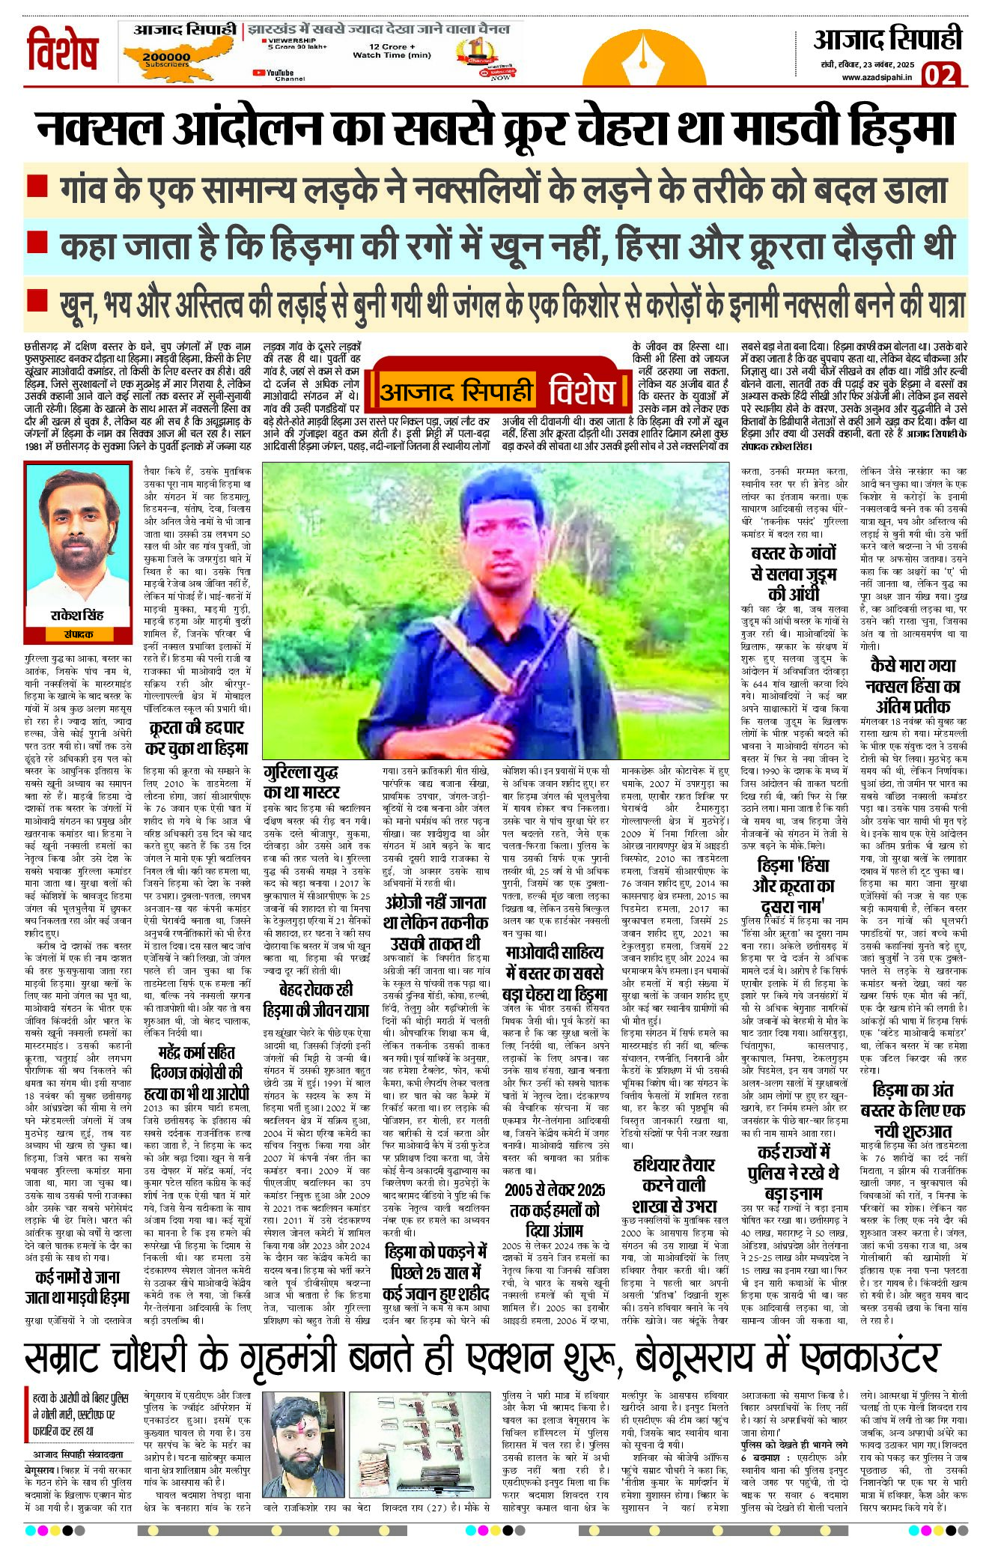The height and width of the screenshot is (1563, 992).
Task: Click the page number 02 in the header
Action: click(x=940, y=75)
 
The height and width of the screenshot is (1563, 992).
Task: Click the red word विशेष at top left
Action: click(x=63, y=50)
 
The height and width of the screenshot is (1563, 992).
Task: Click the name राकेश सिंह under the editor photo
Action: click(x=77, y=616)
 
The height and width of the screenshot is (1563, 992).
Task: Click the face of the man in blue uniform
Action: click(x=499, y=531)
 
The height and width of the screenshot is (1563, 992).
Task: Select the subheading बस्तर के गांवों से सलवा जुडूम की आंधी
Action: click(x=794, y=574)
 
